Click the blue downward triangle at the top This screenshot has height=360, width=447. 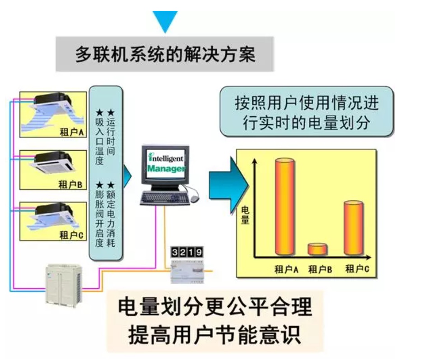point(165,20)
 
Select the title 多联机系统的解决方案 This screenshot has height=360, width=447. point(165,55)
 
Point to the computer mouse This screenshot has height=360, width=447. point(194,198)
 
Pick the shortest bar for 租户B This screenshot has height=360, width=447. point(317,249)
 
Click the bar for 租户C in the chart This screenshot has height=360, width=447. point(353,228)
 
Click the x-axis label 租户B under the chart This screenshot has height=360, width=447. point(320,270)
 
